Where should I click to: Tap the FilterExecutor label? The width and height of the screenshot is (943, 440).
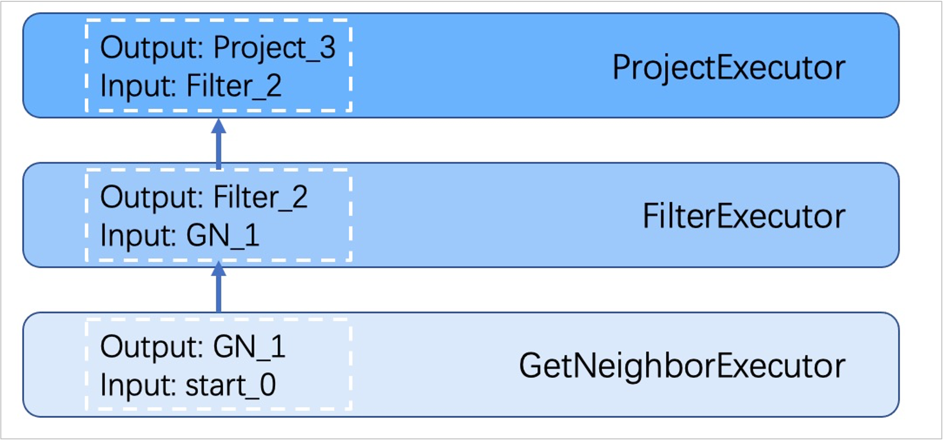pyautogui.click(x=744, y=216)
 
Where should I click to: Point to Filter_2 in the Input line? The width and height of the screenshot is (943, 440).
pyautogui.click(x=234, y=87)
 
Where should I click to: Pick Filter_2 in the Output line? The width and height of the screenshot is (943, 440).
pyautogui.click(x=260, y=198)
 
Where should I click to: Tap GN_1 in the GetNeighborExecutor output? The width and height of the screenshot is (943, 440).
pyautogui.click(x=249, y=347)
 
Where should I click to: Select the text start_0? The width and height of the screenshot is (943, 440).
pyautogui.click(x=231, y=386)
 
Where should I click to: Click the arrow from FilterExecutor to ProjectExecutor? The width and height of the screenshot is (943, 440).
pyautogui.click(x=219, y=144)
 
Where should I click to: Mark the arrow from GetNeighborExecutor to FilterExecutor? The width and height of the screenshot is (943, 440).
pyautogui.click(x=219, y=287)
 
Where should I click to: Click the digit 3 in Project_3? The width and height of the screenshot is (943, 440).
pyautogui.click(x=328, y=48)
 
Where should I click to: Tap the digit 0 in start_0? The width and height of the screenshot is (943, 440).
pyautogui.click(x=268, y=385)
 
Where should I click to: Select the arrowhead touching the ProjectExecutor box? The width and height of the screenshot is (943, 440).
pyautogui.click(x=219, y=126)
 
